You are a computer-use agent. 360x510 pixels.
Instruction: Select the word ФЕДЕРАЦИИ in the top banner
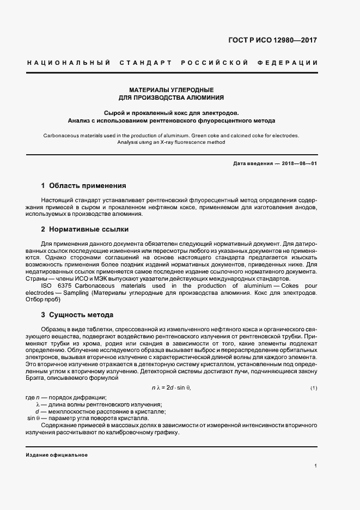(292, 63)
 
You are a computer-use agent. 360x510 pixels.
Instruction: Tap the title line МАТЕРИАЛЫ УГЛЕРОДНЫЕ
(171, 89)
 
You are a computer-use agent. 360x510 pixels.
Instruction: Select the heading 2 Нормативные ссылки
(85, 229)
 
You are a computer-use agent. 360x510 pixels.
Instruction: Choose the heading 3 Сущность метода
(77, 315)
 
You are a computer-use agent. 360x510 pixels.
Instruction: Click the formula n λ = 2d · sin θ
(171, 387)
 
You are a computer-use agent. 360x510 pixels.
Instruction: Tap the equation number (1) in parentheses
(314, 388)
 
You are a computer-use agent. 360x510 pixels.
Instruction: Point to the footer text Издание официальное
(57, 454)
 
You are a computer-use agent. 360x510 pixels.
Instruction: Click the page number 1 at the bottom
(315, 466)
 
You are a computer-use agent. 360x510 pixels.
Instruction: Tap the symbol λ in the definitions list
(38, 404)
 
